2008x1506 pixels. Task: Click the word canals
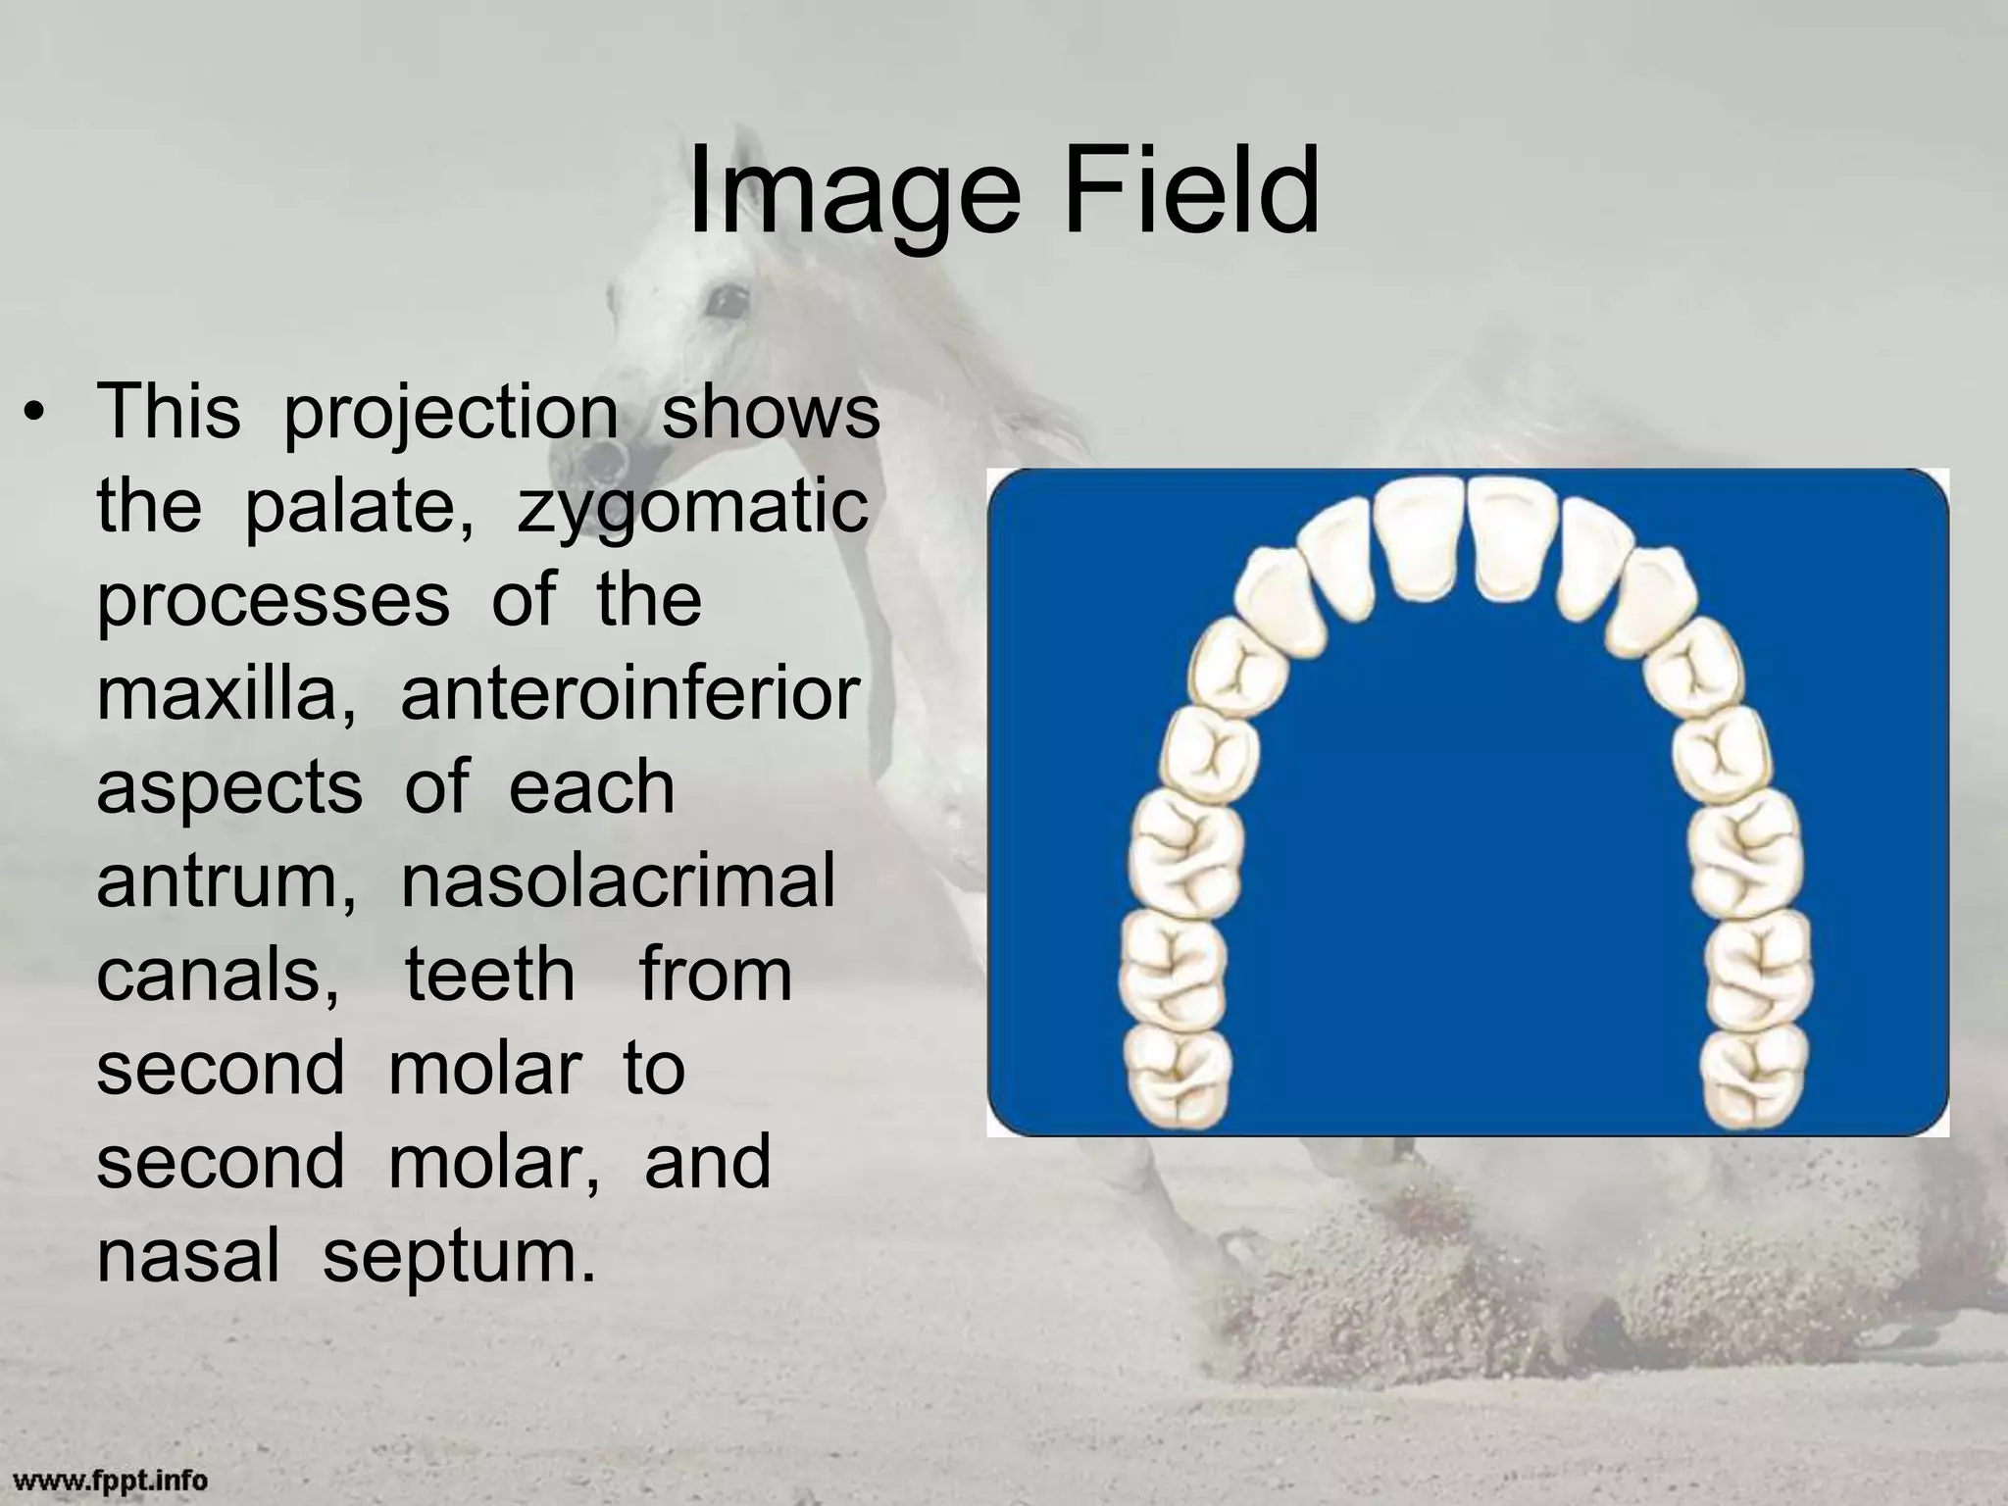(x=217, y=975)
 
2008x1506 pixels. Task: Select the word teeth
(x=489, y=975)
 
